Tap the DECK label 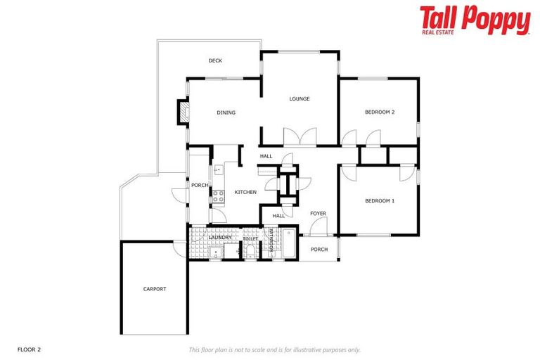pos(215,61)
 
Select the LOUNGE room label pos(300,99)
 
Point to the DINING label pos(226,112)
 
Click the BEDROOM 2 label pos(380,112)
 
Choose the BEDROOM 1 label pos(380,201)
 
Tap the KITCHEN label pos(245,192)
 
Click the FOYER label pos(319,214)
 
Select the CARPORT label pos(155,289)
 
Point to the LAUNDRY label pos(221,238)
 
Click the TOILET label pos(250,240)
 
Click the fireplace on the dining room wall pos(183,112)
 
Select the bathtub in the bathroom pos(289,243)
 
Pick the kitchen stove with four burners pos(218,197)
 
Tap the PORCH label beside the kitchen pos(200,186)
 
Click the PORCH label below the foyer pos(319,250)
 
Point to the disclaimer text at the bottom pos(274,349)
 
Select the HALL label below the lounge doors pos(266,156)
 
